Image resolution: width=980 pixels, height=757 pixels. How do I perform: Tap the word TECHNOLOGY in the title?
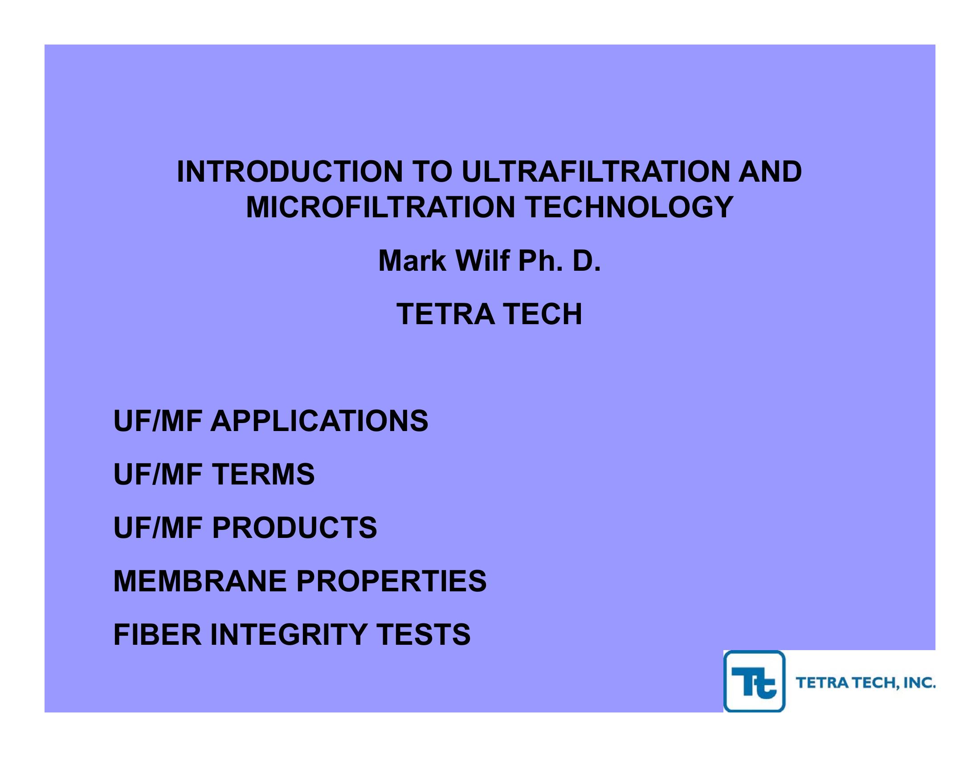pyautogui.click(x=629, y=208)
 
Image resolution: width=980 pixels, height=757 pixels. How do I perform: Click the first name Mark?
pyautogui.click(x=413, y=261)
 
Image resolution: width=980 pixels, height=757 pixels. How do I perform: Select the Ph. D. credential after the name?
pyautogui.click(x=559, y=261)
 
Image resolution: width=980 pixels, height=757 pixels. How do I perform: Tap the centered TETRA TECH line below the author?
pyautogui.click(x=490, y=314)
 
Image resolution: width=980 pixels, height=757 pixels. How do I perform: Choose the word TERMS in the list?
pyautogui.click(x=263, y=475)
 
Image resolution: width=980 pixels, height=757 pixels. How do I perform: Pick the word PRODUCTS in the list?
pyautogui.click(x=294, y=528)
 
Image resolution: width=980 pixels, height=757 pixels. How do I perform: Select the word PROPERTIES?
pyautogui.click(x=391, y=581)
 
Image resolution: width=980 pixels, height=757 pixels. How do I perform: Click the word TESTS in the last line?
pyautogui.click(x=423, y=635)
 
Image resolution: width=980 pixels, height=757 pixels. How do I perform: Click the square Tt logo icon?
pyautogui.click(x=754, y=681)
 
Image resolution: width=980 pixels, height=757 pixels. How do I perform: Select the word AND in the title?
pyautogui.click(x=770, y=172)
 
